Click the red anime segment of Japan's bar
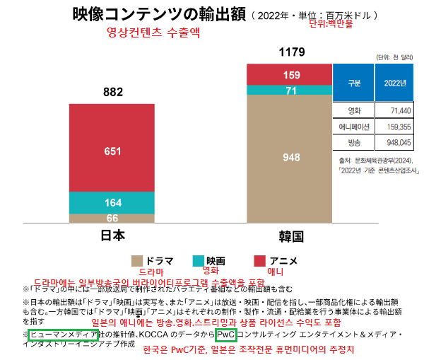tap(113, 151)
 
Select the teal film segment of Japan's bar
tap(113, 203)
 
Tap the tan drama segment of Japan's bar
tap(113, 219)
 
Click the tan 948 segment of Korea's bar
tap(290, 157)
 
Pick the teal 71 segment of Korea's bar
tap(290, 91)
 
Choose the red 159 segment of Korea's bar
tap(290, 75)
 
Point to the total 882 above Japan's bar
tap(113, 92)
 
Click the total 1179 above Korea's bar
tap(290, 52)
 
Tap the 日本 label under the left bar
tap(112, 236)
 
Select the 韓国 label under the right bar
tap(290, 236)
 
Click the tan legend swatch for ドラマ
tap(138, 260)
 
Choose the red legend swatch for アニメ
tap(259, 260)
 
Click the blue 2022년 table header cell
tap(394, 83)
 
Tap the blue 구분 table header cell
tap(354, 83)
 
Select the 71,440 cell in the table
tap(394, 111)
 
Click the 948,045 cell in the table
tap(394, 142)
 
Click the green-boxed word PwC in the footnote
tap(226, 334)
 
